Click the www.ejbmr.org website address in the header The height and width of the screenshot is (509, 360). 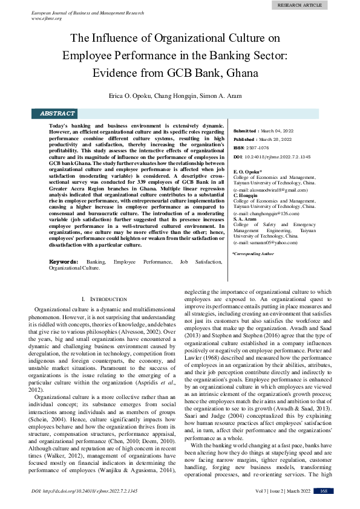(x=46, y=18)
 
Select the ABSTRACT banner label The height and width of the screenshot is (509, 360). (x=57, y=114)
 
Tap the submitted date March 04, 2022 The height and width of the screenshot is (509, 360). (x=277, y=130)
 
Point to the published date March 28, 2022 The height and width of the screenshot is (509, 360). (x=276, y=138)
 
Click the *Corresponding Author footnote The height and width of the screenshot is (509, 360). (x=253, y=254)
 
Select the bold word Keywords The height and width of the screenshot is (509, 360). (x=63, y=261)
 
